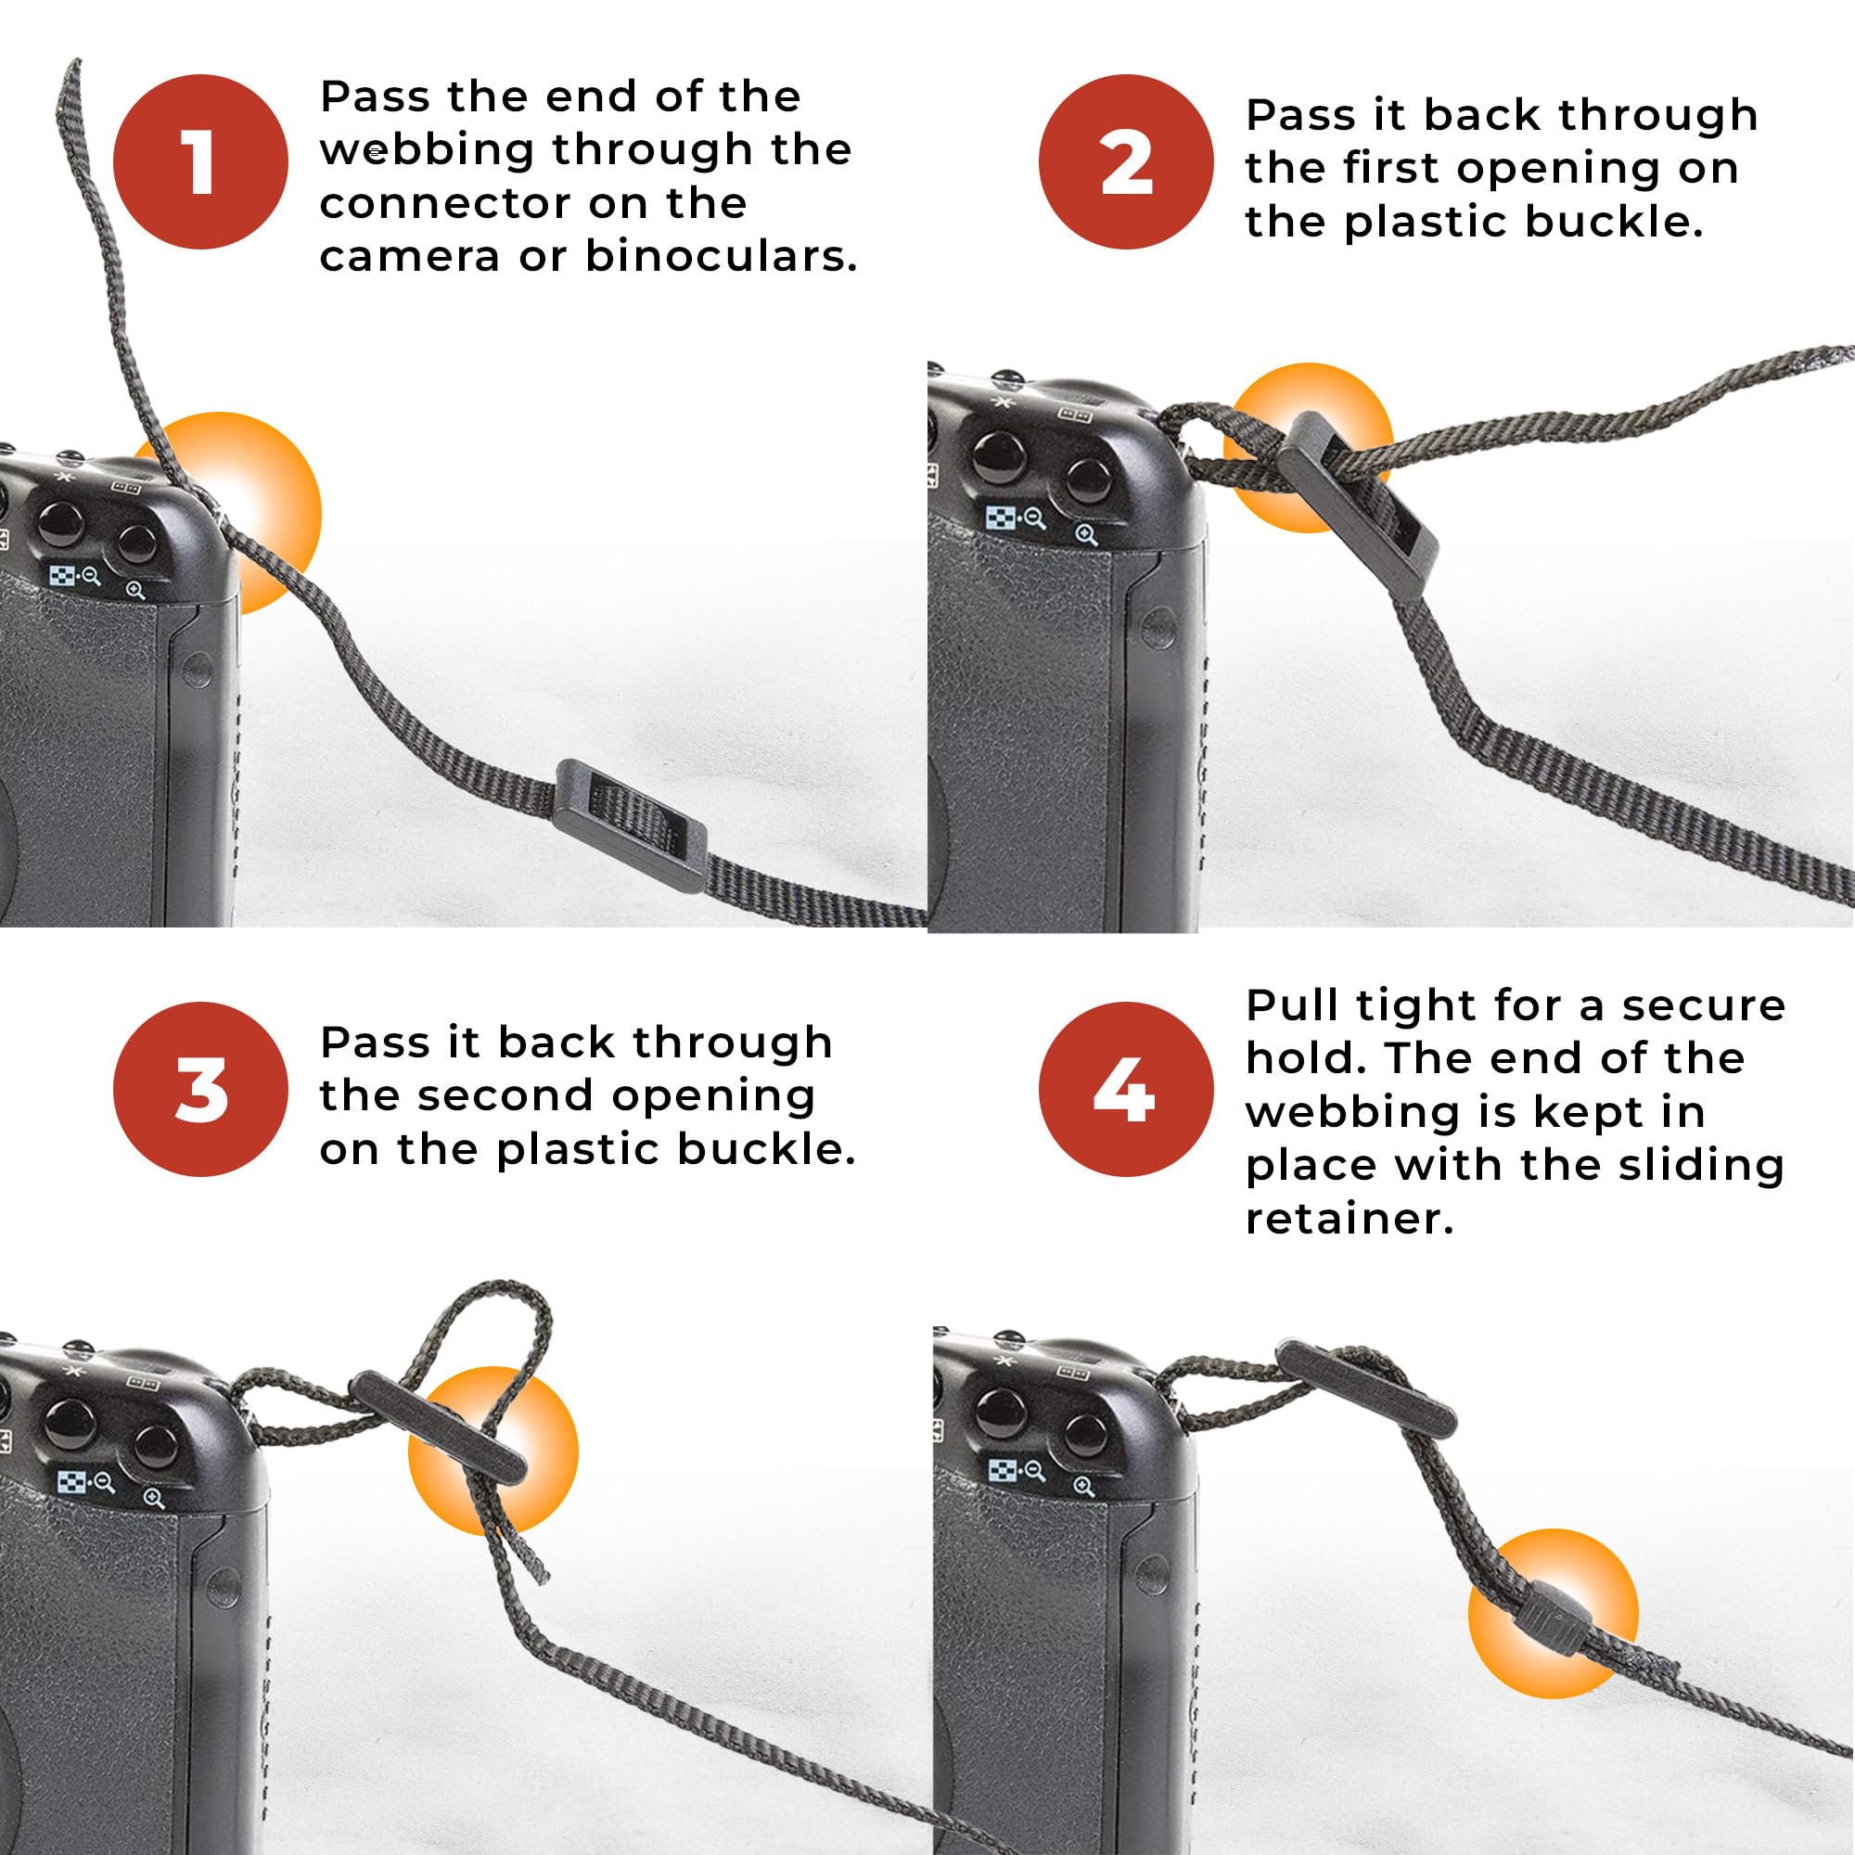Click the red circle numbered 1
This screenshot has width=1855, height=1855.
[200, 162]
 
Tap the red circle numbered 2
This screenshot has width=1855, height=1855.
[1126, 162]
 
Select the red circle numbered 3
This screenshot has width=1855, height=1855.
[200, 1090]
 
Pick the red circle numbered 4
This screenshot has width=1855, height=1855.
[1126, 1090]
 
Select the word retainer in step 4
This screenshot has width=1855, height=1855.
[1349, 1219]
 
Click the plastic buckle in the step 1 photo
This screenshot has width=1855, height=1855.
[630, 826]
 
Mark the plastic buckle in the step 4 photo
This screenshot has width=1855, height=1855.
[1365, 1388]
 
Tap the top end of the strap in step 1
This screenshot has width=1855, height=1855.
[72, 65]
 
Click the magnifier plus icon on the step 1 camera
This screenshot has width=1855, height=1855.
[135, 590]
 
